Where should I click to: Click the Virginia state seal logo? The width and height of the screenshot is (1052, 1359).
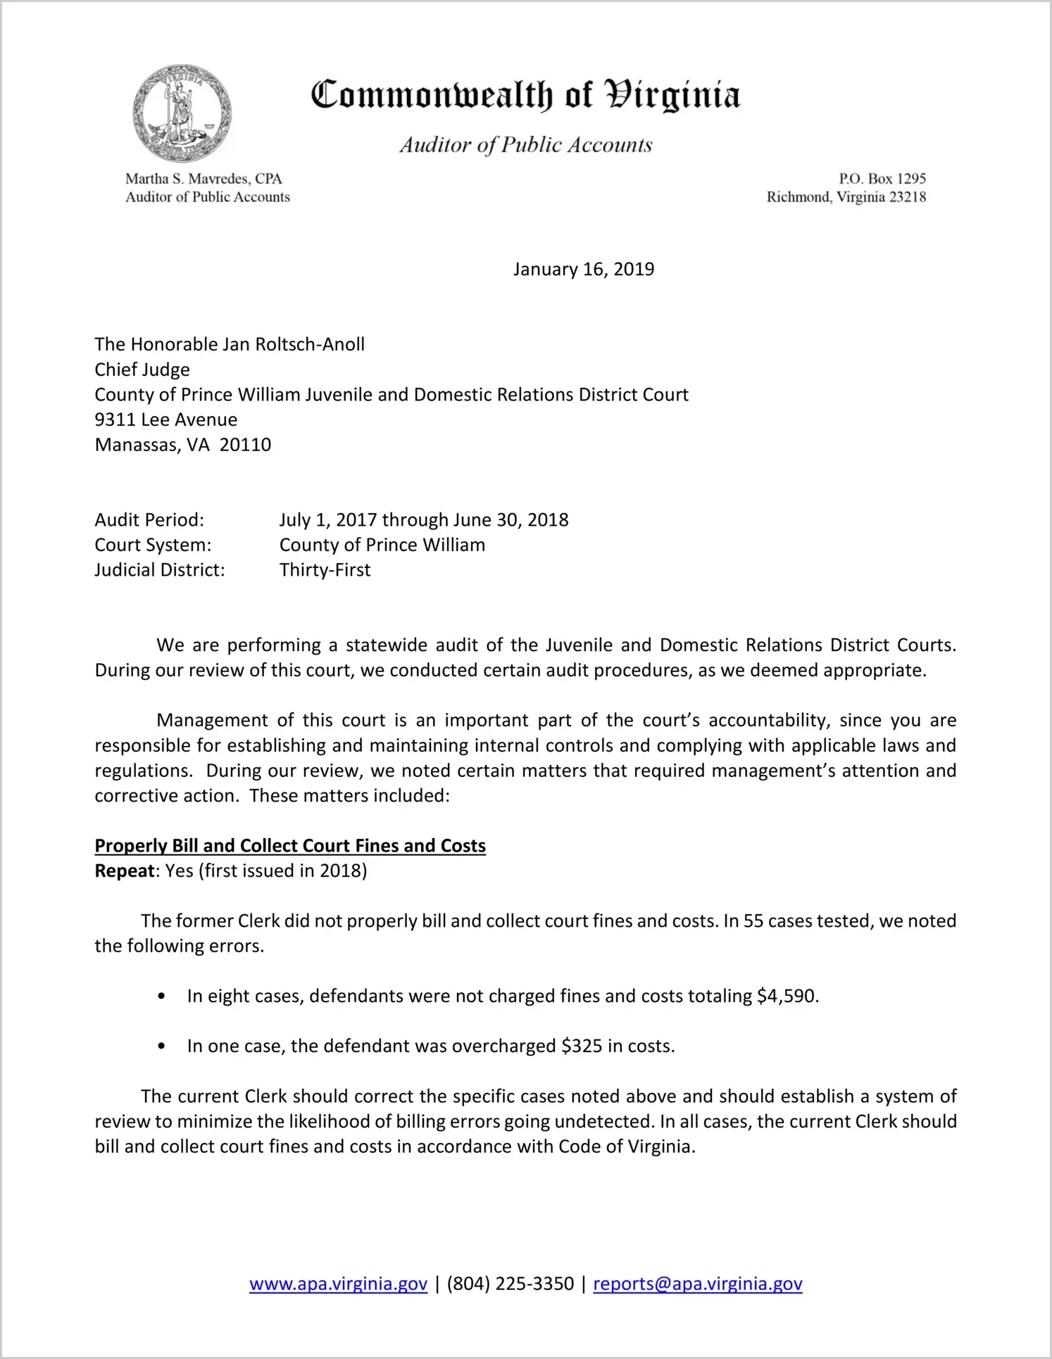pyautogui.click(x=182, y=113)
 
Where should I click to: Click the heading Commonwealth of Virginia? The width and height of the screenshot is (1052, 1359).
pyautogui.click(x=525, y=95)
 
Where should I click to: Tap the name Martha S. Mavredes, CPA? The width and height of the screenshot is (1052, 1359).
pyautogui.click(x=203, y=179)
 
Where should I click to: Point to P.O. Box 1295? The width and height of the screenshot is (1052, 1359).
pyautogui.click(x=882, y=179)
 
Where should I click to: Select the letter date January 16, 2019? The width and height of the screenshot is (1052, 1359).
pyautogui.click(x=583, y=270)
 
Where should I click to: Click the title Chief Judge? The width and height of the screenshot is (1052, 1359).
pyautogui.click(x=142, y=369)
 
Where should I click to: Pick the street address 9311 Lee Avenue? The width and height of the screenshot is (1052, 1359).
pyautogui.click(x=166, y=419)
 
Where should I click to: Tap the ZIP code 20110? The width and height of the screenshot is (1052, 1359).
pyautogui.click(x=245, y=445)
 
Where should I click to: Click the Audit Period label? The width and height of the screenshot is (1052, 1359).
pyautogui.click(x=149, y=520)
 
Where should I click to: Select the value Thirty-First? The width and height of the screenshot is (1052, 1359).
pyautogui.click(x=325, y=570)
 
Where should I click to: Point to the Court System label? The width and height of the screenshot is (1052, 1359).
pyautogui.click(x=153, y=545)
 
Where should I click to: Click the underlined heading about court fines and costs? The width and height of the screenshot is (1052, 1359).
pyautogui.click(x=290, y=846)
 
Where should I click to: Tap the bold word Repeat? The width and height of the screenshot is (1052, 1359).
pyautogui.click(x=125, y=871)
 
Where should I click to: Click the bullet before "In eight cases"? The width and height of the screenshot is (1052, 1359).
pyautogui.click(x=162, y=997)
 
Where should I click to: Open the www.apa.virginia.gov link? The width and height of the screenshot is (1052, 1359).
pyautogui.click(x=338, y=1284)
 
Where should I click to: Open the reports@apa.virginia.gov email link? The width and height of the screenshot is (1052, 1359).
pyautogui.click(x=697, y=1284)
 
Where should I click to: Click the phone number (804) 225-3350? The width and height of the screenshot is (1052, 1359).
pyautogui.click(x=510, y=1284)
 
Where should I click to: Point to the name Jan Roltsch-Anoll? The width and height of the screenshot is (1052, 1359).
pyautogui.click(x=294, y=344)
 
